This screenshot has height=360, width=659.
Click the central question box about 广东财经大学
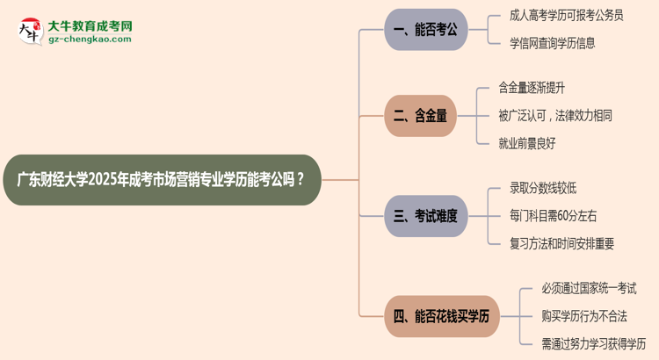click(163, 180)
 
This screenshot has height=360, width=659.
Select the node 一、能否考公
click(426, 30)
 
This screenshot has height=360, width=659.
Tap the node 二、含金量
click(421, 115)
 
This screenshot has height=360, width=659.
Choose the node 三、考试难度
click(426, 215)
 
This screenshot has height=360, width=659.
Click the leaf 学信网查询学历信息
click(554, 41)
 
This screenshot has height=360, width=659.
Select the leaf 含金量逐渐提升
click(538, 88)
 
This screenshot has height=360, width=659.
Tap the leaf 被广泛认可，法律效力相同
click(555, 115)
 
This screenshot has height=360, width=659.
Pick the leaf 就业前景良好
click(527, 142)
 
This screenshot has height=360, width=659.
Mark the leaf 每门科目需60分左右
click(553, 215)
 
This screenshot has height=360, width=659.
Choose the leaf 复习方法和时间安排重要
click(561, 242)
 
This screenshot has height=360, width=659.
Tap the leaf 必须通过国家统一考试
click(589, 288)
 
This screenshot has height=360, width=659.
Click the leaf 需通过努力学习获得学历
click(593, 342)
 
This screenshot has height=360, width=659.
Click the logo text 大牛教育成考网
click(91, 26)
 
